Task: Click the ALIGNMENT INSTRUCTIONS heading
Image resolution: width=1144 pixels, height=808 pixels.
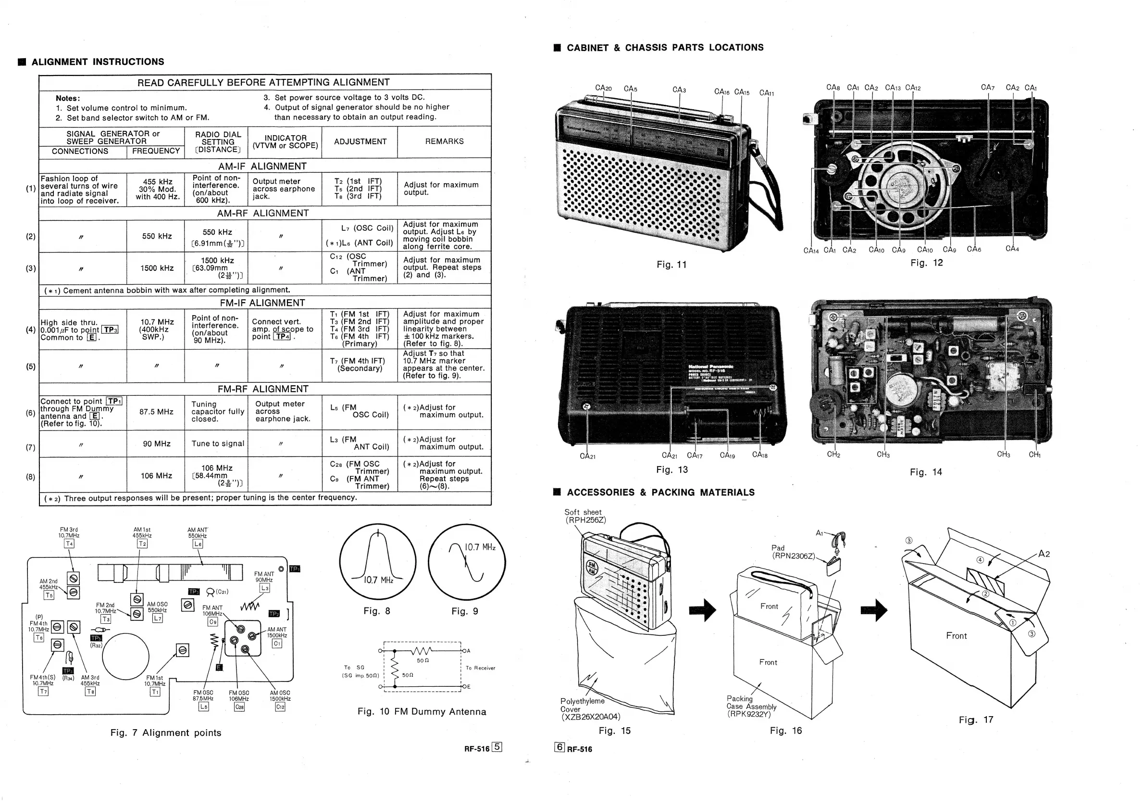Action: coord(98,62)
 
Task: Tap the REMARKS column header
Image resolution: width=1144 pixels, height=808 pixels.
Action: coord(444,141)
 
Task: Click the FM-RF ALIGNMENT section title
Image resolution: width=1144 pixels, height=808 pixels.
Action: coord(262,389)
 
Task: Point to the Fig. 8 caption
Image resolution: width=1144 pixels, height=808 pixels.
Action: coord(377,611)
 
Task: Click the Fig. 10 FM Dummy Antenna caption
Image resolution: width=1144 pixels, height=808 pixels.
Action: coord(422,711)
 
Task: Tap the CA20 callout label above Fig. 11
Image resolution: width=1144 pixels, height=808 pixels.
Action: coord(603,88)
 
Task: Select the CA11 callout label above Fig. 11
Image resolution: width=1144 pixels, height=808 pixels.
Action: coord(766,93)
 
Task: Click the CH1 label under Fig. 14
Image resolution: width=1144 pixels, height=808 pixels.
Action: coord(1034,454)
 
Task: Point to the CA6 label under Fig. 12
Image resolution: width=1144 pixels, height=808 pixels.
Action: coord(973,249)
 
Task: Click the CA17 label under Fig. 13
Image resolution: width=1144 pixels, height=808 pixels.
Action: coord(695,455)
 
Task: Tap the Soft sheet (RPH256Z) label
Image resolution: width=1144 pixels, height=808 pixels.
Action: coord(585,516)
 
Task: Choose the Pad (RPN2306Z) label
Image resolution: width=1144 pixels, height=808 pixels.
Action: coord(793,552)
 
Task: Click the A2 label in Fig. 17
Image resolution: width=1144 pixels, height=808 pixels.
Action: coord(1044,554)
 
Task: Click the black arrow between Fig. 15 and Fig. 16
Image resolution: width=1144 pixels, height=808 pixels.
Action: coord(702,610)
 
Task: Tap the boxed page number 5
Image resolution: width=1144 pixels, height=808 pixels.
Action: coord(497,747)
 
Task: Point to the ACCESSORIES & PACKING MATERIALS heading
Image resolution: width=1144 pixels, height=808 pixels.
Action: coord(660,492)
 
